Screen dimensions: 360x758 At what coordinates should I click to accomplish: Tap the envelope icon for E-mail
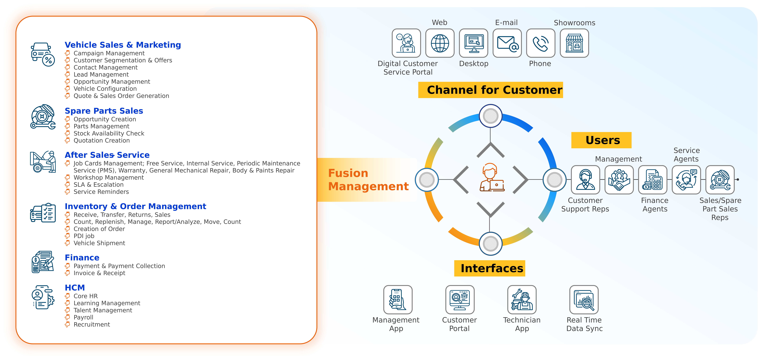(507, 43)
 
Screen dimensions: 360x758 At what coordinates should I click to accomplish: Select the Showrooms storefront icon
(574, 43)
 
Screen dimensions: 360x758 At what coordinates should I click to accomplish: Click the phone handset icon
(541, 43)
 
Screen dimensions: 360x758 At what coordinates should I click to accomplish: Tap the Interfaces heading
(490, 268)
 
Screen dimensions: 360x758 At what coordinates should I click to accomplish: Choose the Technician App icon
(522, 300)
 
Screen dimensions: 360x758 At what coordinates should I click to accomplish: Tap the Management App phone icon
(398, 300)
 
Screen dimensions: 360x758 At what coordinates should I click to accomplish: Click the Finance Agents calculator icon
(652, 180)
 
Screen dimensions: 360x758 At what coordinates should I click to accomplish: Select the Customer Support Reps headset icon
(585, 180)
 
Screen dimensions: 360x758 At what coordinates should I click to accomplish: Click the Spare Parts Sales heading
(104, 111)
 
